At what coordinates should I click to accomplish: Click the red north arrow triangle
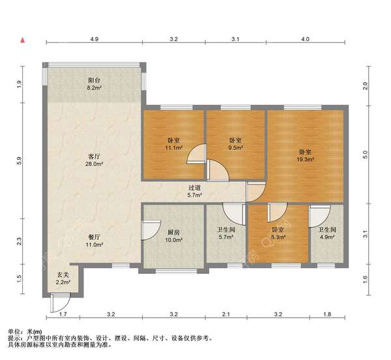pos(23,40)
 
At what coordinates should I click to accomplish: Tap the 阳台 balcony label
pos(94,80)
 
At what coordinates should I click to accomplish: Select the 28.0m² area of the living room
pos(94,164)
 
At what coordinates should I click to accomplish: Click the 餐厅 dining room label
pos(94,237)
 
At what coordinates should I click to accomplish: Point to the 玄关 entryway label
pos(63,275)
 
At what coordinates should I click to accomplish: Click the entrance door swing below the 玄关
pos(60,303)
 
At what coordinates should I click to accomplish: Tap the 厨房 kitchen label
pos(173,233)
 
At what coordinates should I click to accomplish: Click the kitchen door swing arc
pos(151,230)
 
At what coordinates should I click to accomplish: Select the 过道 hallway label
pos(194,188)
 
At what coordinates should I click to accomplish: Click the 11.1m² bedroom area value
pos(174,148)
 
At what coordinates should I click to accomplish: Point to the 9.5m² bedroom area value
pos(236,148)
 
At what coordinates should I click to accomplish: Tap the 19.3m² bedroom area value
pos(305,159)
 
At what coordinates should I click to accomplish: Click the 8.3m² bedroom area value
pos(278,237)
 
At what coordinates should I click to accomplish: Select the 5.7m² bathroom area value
pos(226,237)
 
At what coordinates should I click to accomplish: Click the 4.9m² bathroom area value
pos(327,237)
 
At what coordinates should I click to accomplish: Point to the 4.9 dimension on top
pos(94,39)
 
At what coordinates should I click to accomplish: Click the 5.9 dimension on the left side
pos(20,160)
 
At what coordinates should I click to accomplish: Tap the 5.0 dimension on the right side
pos(365,155)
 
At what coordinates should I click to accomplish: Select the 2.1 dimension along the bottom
pos(226,314)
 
